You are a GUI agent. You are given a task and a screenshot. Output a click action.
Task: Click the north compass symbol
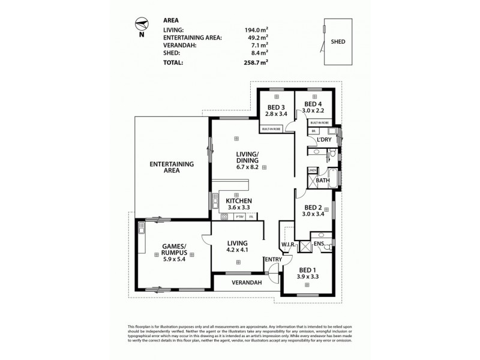(x=142, y=24)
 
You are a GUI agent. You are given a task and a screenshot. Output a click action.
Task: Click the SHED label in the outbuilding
(x=338, y=43)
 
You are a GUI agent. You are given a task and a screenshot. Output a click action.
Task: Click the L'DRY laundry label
(x=324, y=140)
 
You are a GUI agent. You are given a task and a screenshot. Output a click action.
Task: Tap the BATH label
(x=323, y=180)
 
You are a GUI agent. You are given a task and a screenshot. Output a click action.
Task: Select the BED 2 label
(x=312, y=206)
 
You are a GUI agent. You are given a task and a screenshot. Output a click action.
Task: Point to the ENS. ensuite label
(x=320, y=245)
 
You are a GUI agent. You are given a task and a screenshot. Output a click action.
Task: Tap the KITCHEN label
(x=238, y=201)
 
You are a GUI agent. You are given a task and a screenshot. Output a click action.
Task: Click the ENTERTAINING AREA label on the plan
(x=171, y=167)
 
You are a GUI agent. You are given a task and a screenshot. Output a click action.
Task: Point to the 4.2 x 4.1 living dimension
(x=238, y=251)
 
